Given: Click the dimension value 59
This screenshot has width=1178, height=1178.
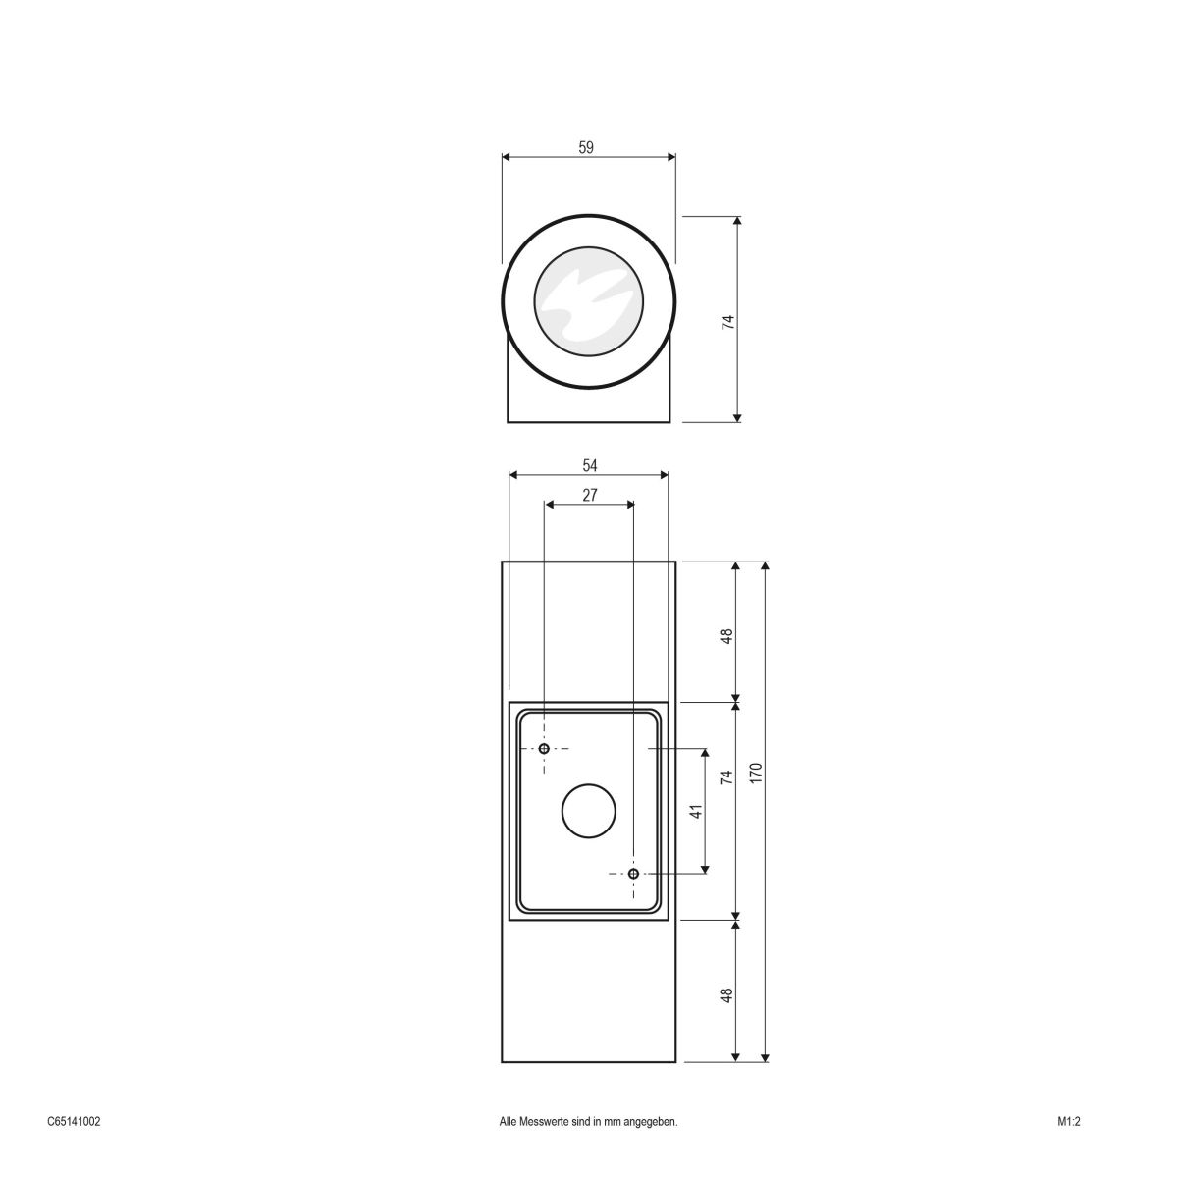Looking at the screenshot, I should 586,147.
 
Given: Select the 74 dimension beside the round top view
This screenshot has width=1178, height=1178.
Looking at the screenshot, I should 727,321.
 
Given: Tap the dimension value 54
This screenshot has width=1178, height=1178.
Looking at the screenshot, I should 589,465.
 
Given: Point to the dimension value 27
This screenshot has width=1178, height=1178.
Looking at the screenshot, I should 589,495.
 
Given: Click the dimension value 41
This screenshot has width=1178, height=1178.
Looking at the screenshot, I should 696,812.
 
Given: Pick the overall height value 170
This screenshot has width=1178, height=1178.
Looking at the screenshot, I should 756,773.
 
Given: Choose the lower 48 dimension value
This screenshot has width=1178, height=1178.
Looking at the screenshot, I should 727,994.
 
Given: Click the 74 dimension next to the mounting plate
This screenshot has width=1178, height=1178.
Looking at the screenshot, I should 727,777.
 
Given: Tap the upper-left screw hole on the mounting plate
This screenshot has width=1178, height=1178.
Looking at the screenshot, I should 544,749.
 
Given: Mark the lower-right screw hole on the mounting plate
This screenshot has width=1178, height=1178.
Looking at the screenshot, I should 633,874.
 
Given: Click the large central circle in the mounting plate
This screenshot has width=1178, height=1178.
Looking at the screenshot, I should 588,812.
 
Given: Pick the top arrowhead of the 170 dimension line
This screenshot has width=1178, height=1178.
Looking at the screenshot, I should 765,567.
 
